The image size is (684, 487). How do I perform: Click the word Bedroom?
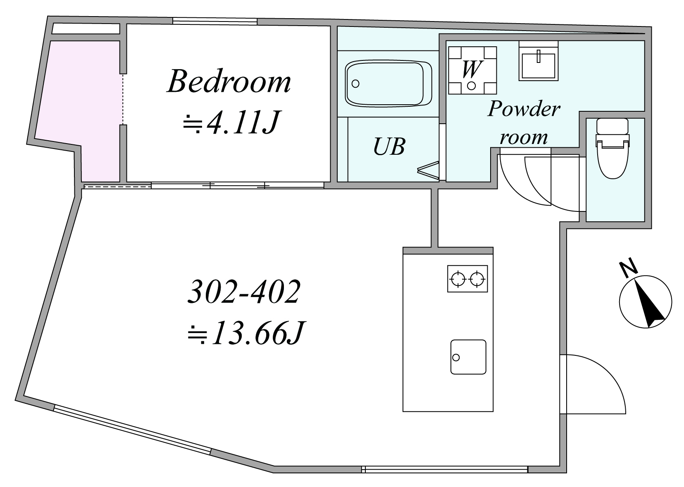point(229,82)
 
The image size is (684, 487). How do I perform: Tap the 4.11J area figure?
point(243,122)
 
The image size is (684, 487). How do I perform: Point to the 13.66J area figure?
point(258,333)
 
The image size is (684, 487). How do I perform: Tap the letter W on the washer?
point(472,69)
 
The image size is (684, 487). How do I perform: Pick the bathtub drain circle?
point(355,84)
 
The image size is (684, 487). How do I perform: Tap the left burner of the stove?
point(458,279)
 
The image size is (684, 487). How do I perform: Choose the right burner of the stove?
point(477,279)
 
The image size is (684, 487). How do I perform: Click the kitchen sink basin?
point(468,357)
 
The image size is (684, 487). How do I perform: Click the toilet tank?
point(612,126)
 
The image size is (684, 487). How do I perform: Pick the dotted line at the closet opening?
point(123,99)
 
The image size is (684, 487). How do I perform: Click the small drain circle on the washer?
point(471,86)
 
